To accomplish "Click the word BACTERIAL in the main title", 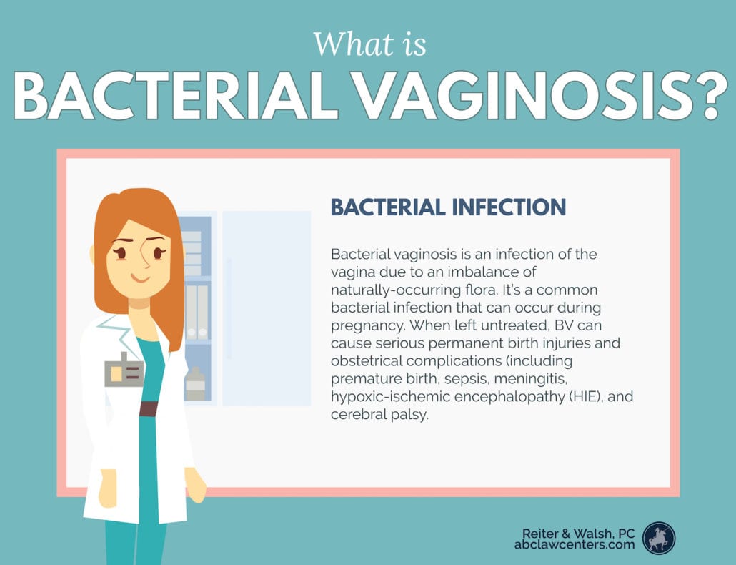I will tap(175, 97).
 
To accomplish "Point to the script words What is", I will tap(369, 44).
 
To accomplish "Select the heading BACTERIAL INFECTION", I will tap(448, 207).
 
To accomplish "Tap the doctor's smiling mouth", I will tap(140, 277).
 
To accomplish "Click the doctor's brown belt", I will tap(148, 409).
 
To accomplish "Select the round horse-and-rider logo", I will tap(659, 538).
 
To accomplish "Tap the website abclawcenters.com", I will tap(574, 544).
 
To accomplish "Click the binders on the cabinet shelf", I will tap(197, 312).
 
